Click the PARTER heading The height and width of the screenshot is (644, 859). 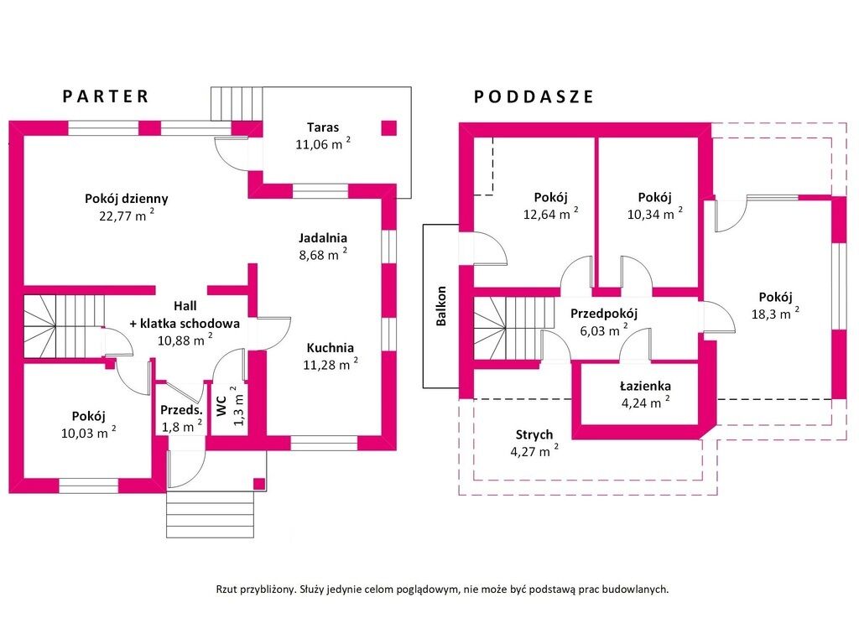[106, 96]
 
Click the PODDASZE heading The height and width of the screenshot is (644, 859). [534, 96]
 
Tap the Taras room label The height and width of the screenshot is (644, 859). [323, 127]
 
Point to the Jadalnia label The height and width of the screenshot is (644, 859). [323, 237]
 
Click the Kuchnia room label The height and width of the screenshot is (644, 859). [330, 347]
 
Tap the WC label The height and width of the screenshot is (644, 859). [222, 407]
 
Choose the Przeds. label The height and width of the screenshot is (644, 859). [182, 410]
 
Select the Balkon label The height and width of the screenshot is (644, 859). [441, 306]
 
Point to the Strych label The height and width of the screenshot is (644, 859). [534, 434]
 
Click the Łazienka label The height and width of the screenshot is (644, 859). [645, 386]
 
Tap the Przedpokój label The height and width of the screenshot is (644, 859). [604, 314]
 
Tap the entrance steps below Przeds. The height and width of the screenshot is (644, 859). [210, 512]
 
